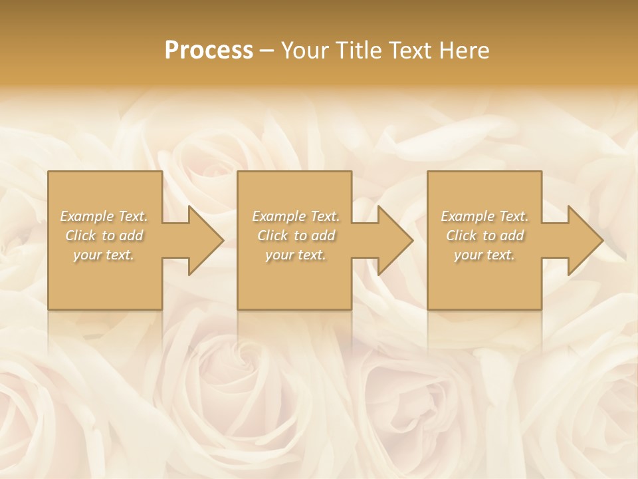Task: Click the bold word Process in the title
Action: point(209,51)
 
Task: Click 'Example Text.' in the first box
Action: point(104,216)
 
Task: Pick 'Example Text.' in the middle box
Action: point(296,216)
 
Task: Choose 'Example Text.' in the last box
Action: point(484,216)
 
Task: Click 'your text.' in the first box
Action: point(104,255)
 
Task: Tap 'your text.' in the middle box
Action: point(296,255)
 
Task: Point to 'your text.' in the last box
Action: point(484,255)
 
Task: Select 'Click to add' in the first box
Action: point(104,236)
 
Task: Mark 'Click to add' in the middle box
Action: point(296,236)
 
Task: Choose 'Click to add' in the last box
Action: point(484,236)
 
